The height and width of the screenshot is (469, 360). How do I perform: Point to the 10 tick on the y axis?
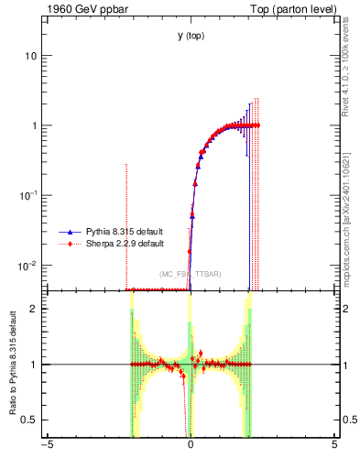point(30,56)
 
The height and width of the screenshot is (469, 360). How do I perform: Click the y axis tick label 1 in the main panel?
point(33,125)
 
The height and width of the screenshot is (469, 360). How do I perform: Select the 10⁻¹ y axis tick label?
point(27,195)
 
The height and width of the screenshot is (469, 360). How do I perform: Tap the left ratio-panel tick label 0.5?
point(29,420)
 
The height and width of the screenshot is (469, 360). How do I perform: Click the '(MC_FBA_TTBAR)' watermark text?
point(191,274)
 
